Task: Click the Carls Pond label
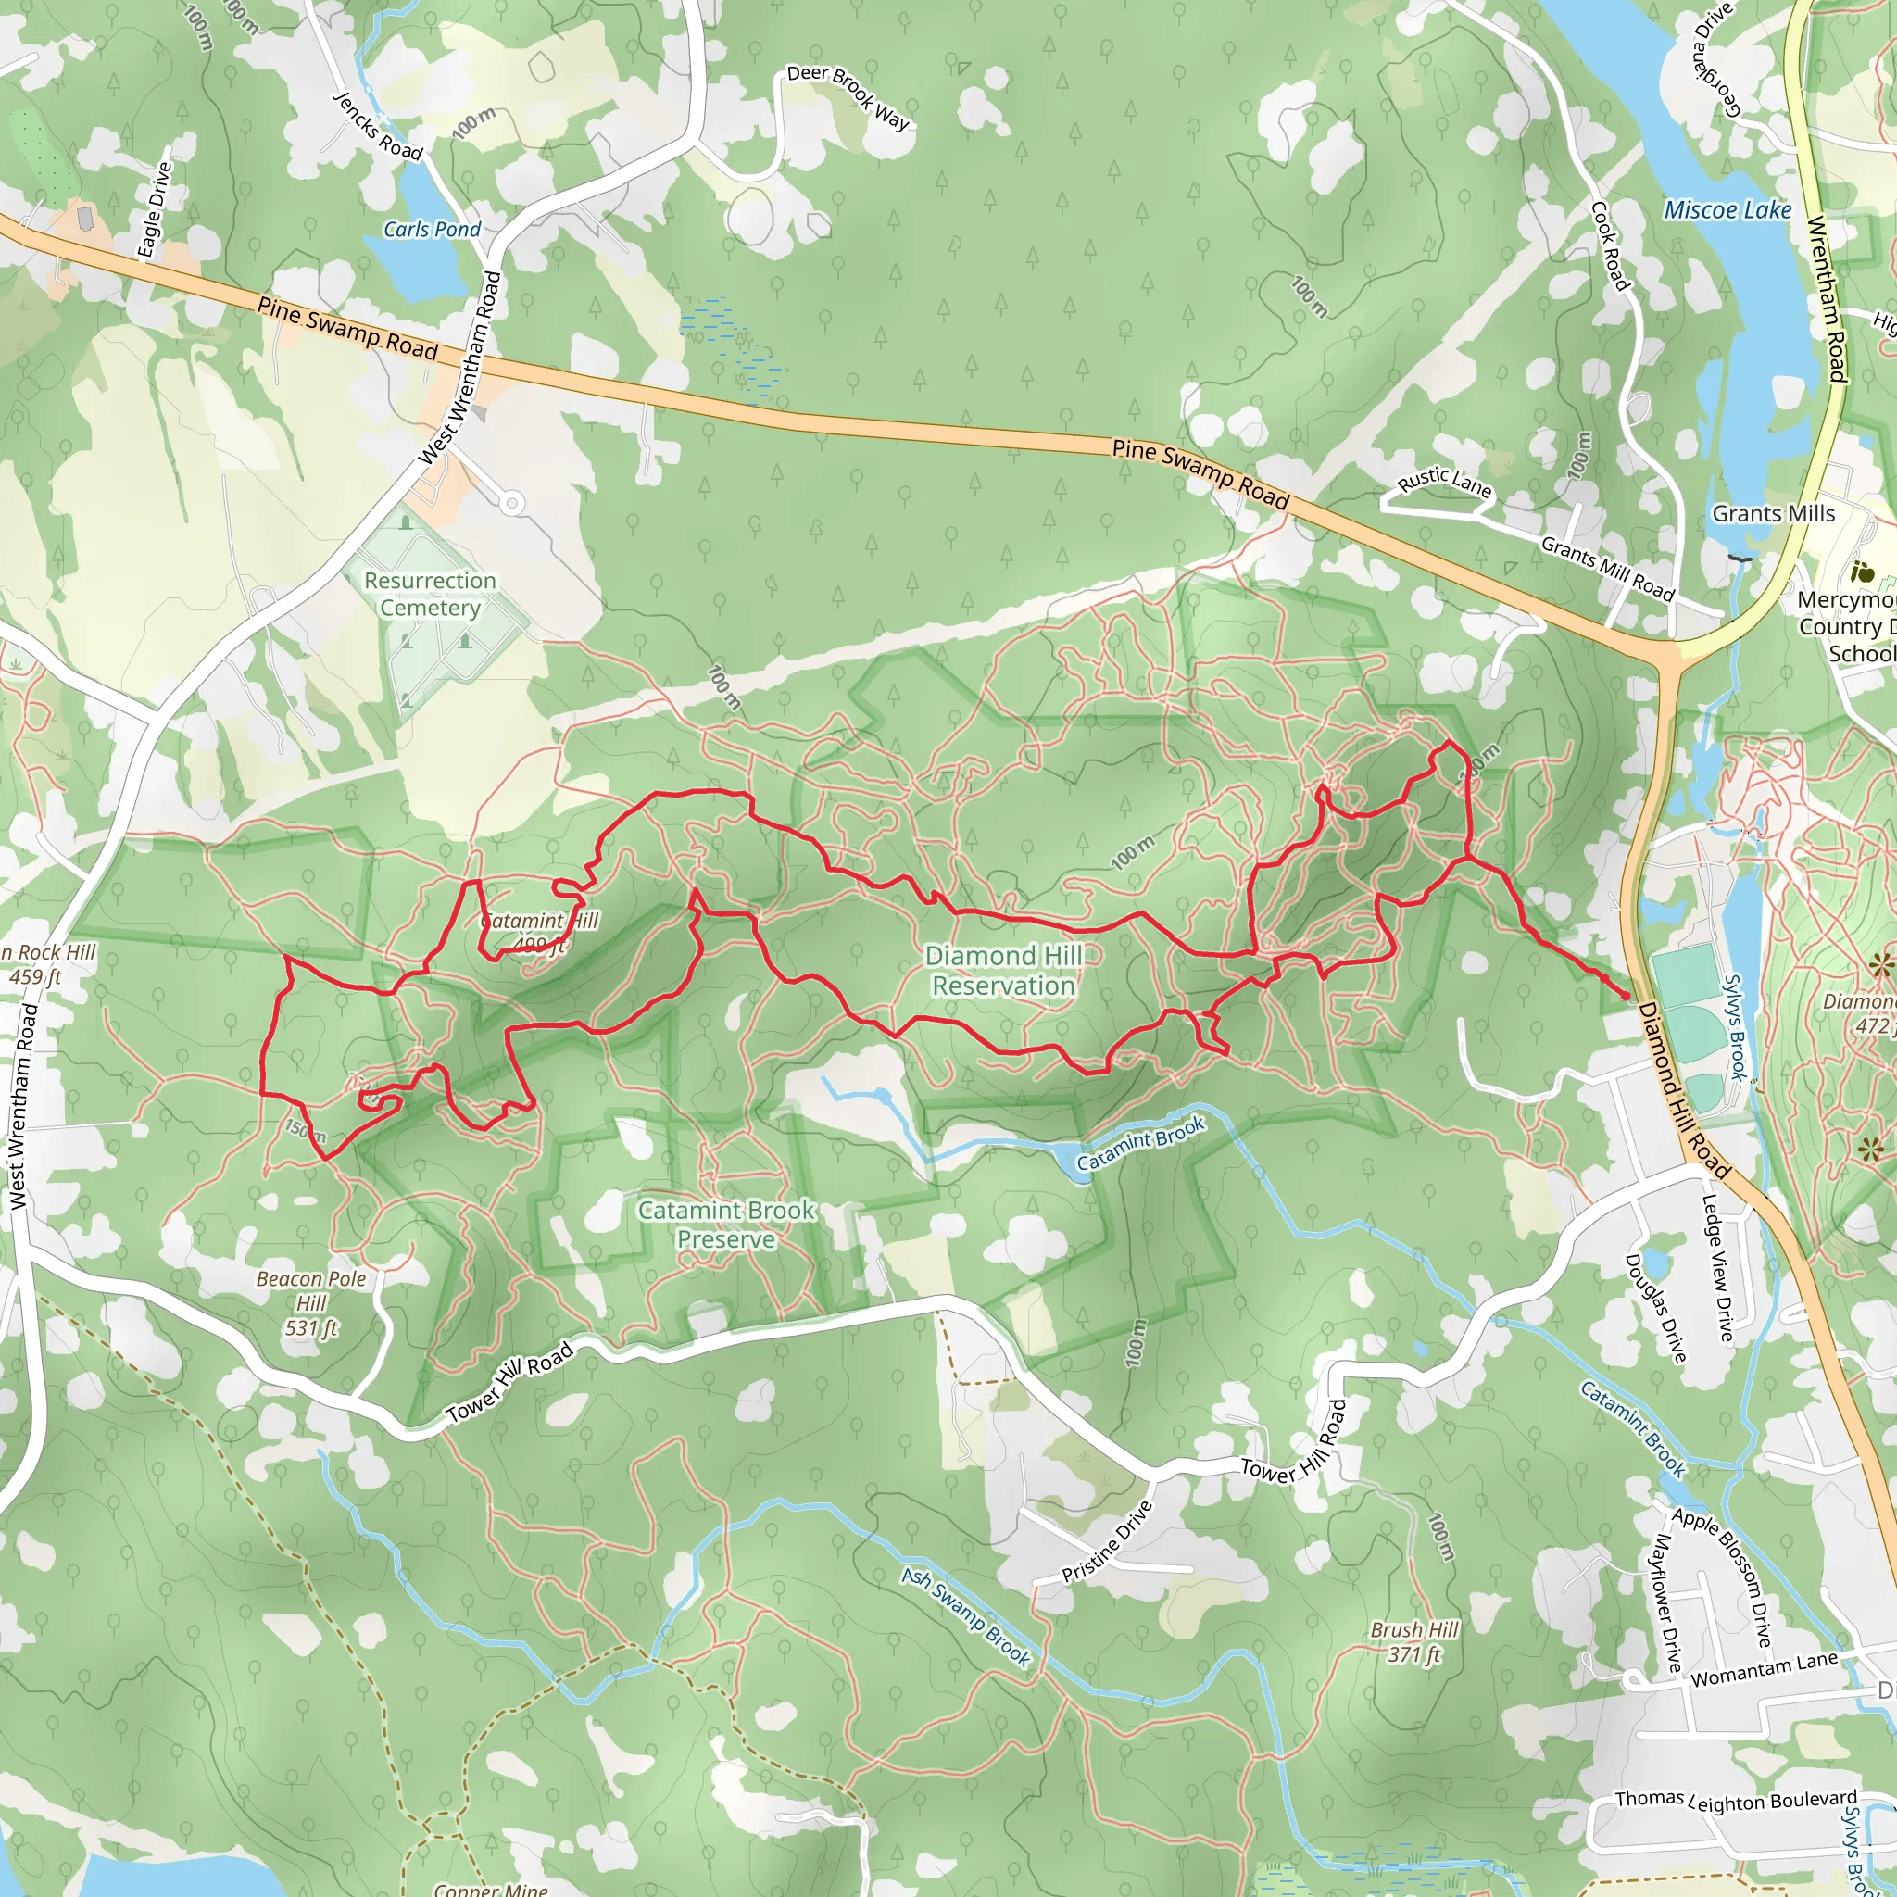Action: click(431, 230)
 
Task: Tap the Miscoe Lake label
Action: click(1727, 210)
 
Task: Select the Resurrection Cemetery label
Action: click(430, 594)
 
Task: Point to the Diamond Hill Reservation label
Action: click(1002, 970)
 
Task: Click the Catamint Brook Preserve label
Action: click(725, 1225)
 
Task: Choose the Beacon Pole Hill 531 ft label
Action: click(311, 1303)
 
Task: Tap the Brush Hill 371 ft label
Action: click(1413, 1641)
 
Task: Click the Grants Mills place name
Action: click(1773, 513)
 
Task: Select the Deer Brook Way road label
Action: click(849, 97)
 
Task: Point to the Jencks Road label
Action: click(378, 126)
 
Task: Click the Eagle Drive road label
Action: click(155, 210)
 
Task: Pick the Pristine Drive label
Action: click(1107, 1542)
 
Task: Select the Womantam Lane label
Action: click(1764, 1669)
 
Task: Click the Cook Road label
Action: click(1610, 246)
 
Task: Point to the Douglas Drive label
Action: click(1655, 1309)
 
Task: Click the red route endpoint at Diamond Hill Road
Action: click(1625, 996)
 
